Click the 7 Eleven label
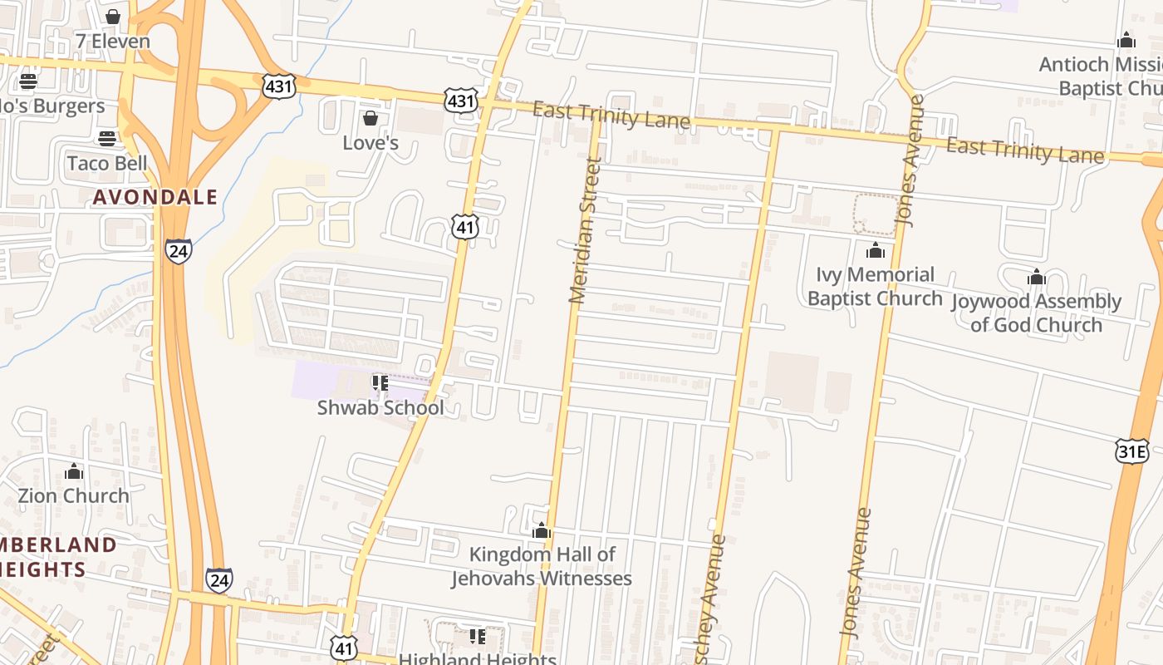click(113, 42)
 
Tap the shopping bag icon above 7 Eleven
click(113, 17)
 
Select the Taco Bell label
click(107, 163)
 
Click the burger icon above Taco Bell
click(107, 138)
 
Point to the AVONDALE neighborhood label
click(155, 198)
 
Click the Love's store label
click(370, 143)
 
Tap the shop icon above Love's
click(370, 119)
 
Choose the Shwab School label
click(380, 407)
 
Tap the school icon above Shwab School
click(380, 383)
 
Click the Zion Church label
click(74, 496)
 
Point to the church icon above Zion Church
click(74, 472)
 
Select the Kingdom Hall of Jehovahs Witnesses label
click(542, 566)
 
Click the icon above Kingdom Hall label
click(542, 530)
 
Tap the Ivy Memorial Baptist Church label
click(875, 287)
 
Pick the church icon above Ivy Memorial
click(875, 250)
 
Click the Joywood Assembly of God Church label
click(1036, 313)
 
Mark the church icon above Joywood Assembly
click(1036, 277)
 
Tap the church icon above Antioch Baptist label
click(1126, 40)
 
